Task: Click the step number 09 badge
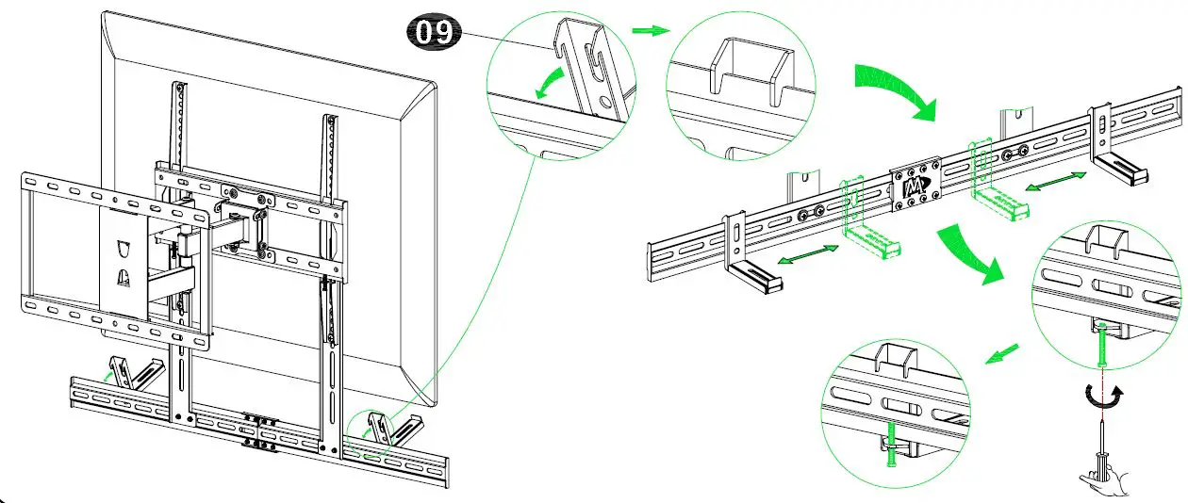click(x=435, y=32)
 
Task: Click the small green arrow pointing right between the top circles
click(x=646, y=30)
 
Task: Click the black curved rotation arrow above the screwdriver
click(x=1102, y=398)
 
